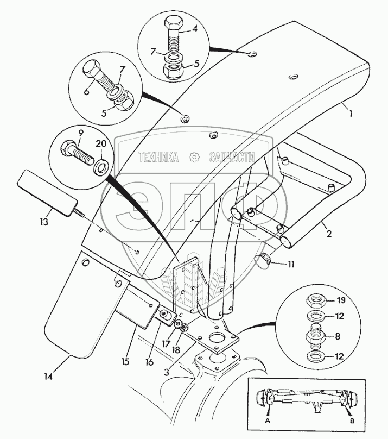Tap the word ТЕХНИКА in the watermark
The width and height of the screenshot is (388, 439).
[x=159, y=158]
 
